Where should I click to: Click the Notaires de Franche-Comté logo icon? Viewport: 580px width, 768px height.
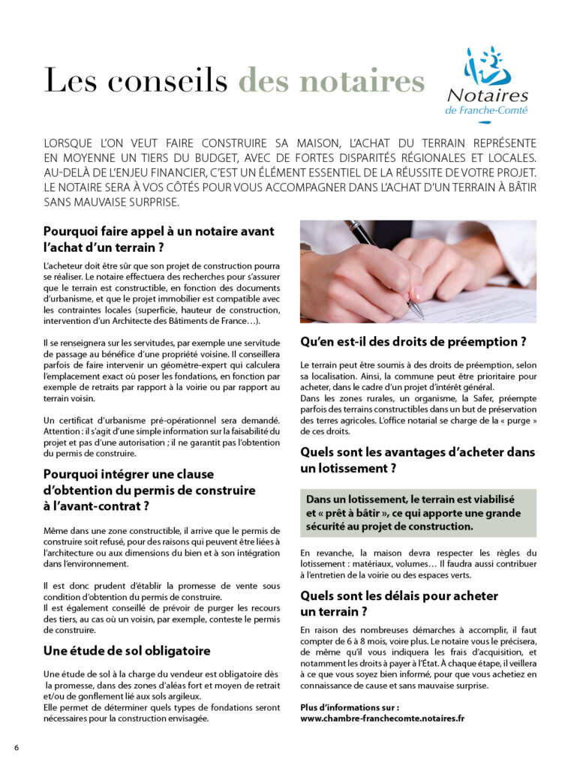487,67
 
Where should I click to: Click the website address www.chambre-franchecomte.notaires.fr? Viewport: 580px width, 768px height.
382,718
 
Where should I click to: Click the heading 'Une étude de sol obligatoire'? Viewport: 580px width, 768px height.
127,651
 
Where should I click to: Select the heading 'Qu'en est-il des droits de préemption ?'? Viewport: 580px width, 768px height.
413,342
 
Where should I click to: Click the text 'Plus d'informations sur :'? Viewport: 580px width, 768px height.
349,706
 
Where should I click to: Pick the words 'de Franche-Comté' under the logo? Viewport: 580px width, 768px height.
486,110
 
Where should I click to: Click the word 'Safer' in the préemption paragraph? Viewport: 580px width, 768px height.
493,398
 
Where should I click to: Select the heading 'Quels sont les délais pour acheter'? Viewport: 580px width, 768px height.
398,595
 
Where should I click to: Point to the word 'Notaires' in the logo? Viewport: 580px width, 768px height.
488,95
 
